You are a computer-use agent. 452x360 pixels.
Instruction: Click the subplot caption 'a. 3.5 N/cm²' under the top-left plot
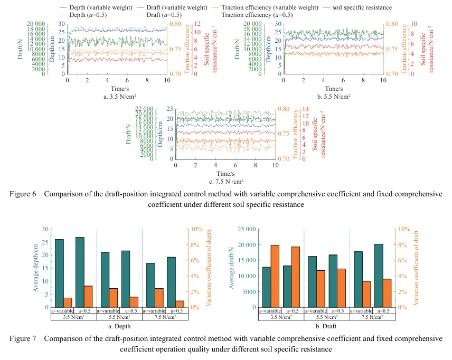coord(117,97)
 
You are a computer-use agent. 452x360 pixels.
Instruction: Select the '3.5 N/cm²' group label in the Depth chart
coord(73,317)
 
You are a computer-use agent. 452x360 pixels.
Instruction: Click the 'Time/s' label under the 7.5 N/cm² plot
coord(225,174)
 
